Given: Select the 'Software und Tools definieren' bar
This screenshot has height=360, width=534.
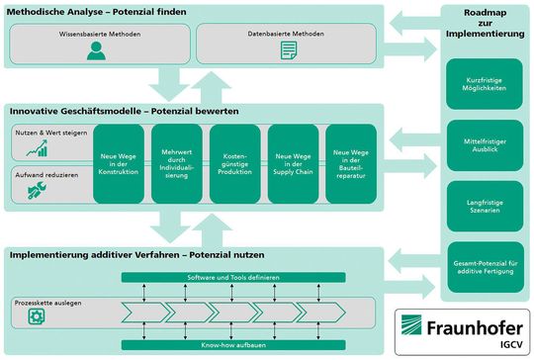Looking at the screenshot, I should [235, 277].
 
